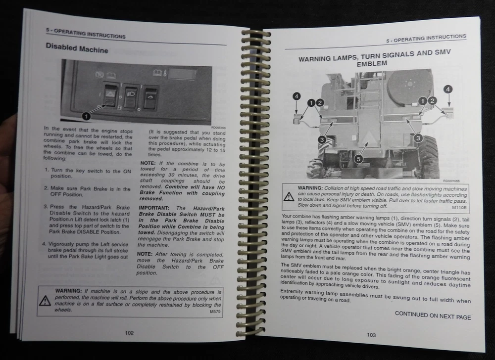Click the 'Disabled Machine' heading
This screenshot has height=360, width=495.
click(x=77, y=48)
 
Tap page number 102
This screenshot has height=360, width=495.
click(x=129, y=333)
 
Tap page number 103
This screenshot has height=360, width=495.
click(x=371, y=335)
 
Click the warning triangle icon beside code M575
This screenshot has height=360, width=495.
click(x=45, y=301)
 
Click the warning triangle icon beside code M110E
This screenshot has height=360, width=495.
click(x=289, y=197)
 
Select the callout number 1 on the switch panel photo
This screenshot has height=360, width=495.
click(x=86, y=116)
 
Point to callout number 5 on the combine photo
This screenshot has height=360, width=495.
click(x=358, y=159)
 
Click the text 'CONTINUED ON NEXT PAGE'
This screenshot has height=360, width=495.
click(x=433, y=315)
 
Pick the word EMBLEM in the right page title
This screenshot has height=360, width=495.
click(x=372, y=63)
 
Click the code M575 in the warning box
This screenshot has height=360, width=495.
click(x=215, y=312)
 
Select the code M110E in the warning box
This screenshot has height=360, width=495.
click(x=459, y=207)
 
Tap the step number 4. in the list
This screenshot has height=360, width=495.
click(x=44, y=244)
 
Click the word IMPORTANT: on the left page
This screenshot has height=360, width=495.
click(x=154, y=208)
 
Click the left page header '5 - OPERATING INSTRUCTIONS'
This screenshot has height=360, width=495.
click(x=86, y=34)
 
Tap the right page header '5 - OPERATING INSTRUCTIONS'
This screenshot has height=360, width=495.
click(x=426, y=39)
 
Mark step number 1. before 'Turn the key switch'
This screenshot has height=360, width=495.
click(x=47, y=170)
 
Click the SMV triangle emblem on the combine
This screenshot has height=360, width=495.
click(x=368, y=137)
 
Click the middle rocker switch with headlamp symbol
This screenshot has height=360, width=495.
click(x=130, y=96)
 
